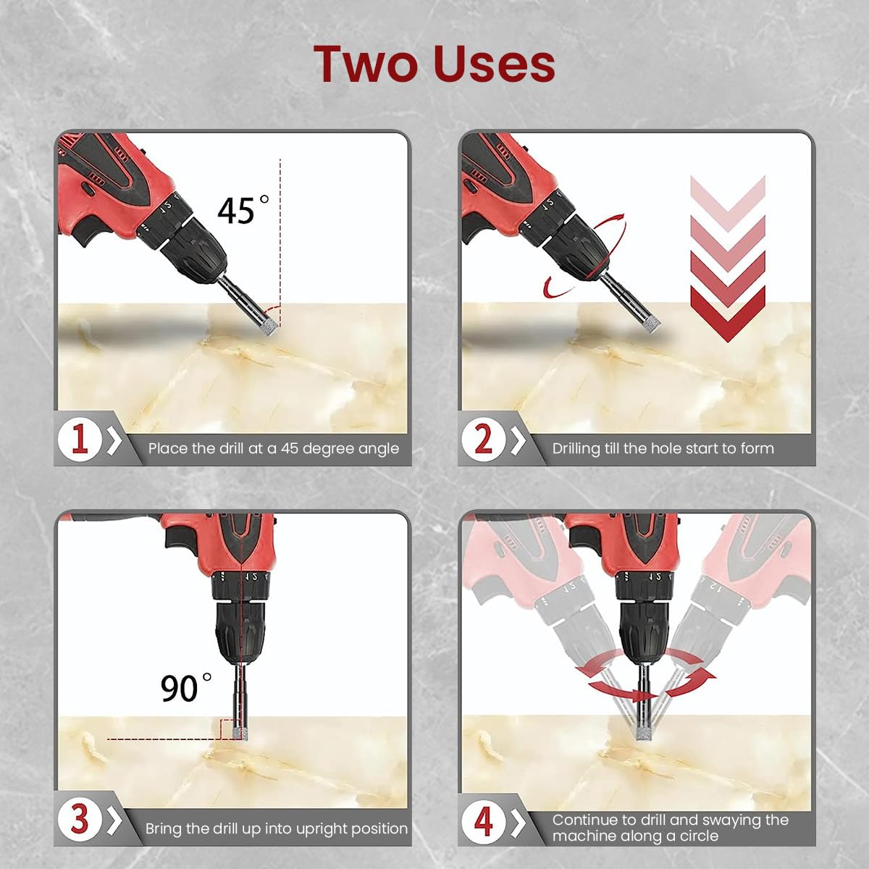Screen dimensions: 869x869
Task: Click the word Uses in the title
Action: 495,64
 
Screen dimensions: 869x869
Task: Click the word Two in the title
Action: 366,64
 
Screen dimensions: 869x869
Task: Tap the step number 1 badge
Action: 80,440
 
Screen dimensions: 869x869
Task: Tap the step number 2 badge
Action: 484,440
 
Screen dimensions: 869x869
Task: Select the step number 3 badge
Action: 80,819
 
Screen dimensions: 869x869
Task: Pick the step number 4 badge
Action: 484,820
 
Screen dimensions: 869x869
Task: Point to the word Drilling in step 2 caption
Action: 576,449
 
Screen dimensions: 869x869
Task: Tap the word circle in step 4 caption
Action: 698,836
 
